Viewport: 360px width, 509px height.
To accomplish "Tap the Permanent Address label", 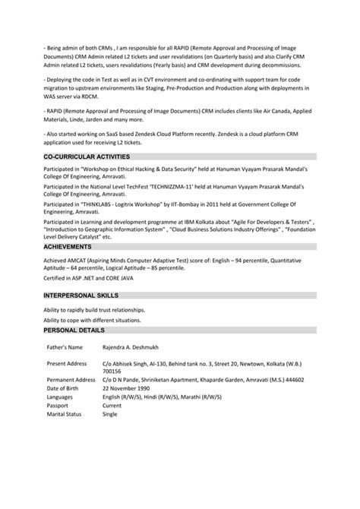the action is pyautogui.click(x=71, y=379).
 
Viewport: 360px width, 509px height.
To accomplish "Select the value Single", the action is pyautogui.click(x=110, y=416).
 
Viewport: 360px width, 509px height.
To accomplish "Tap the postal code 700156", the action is pyautogui.click(x=111, y=371).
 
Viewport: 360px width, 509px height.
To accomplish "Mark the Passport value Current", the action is pyautogui.click(x=112, y=406).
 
